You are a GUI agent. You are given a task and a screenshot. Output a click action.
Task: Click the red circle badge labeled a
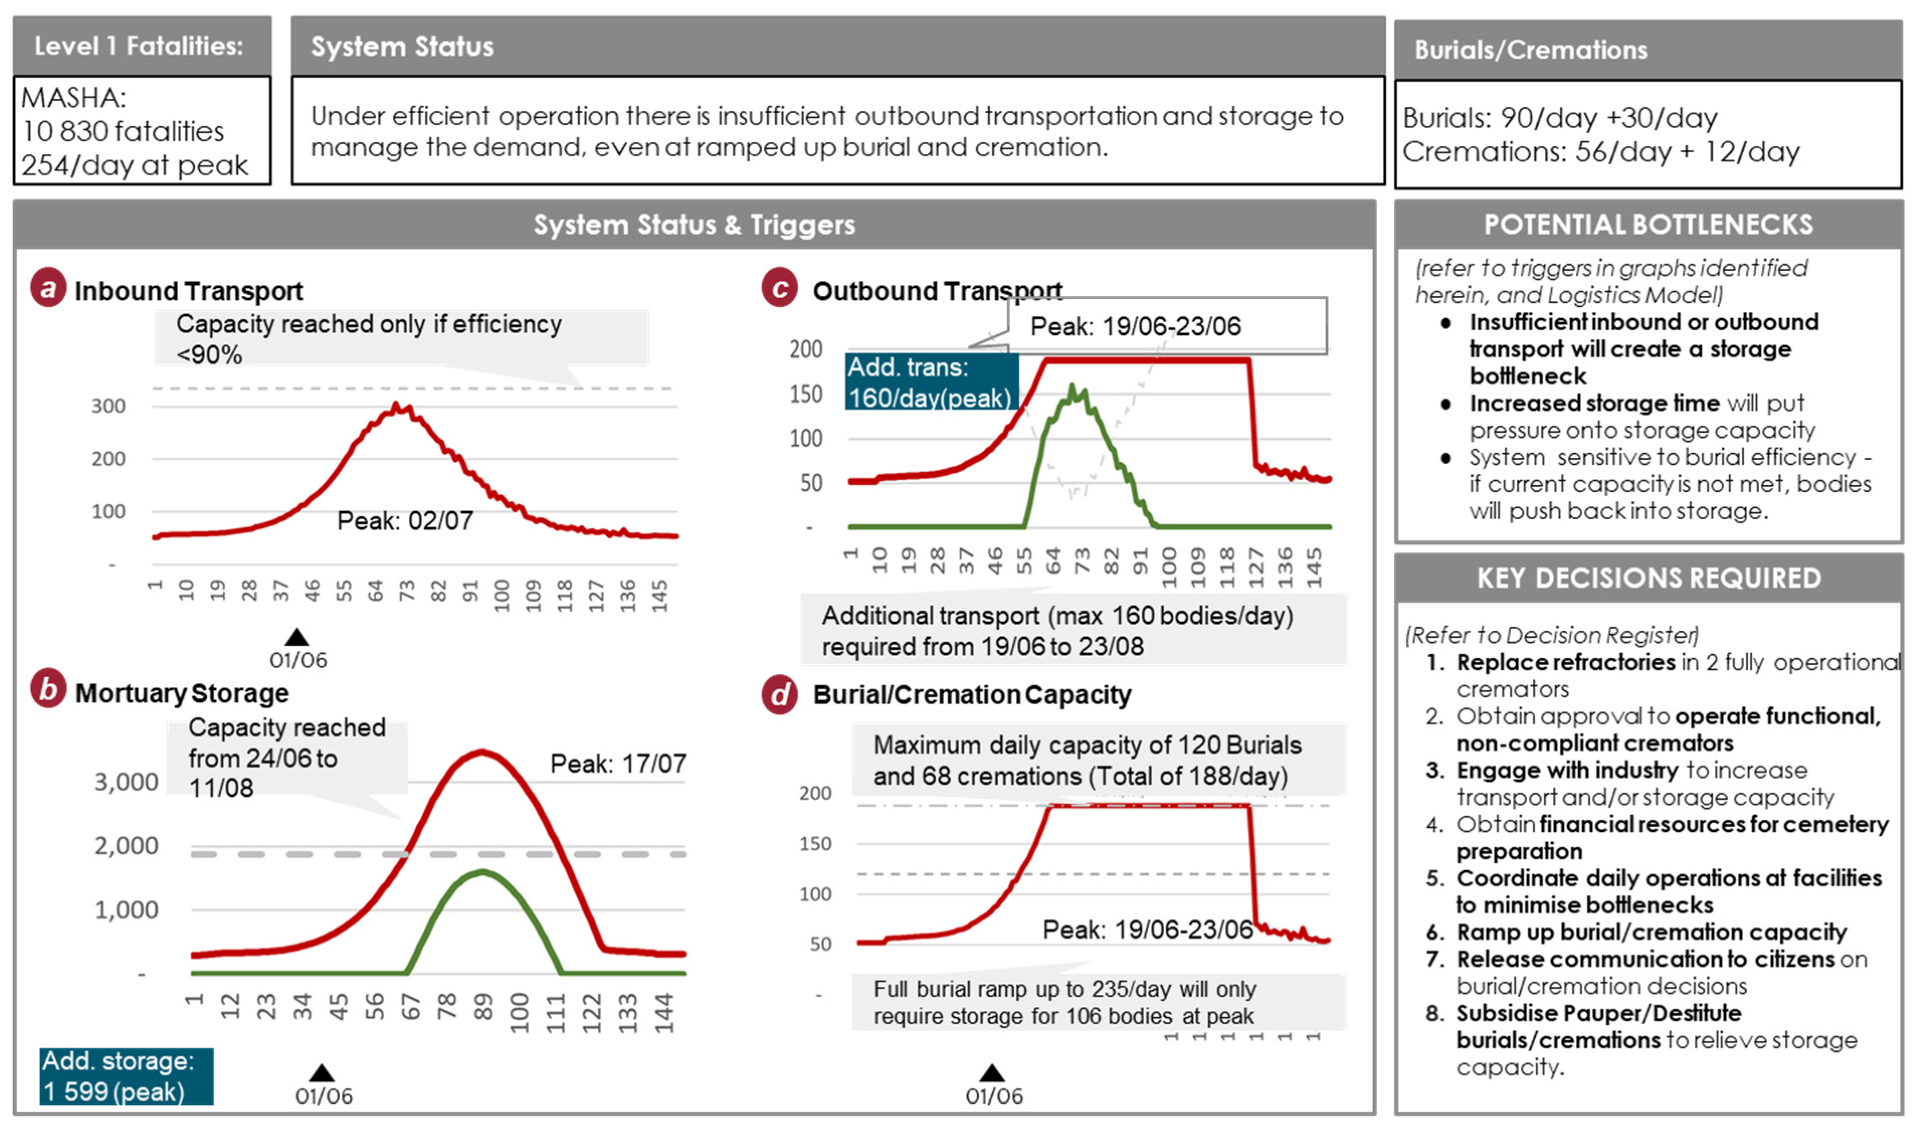tap(48, 289)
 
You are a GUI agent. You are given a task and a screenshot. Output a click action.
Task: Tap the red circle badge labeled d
tap(780, 695)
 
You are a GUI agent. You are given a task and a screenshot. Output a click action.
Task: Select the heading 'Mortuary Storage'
tap(182, 693)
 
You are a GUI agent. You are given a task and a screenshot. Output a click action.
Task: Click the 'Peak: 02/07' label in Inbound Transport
tap(405, 521)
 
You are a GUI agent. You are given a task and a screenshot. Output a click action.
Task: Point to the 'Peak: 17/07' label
tap(618, 764)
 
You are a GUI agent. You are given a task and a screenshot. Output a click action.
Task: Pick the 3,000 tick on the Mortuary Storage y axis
tap(126, 782)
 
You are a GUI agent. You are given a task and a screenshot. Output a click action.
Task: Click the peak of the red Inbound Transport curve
tap(396, 405)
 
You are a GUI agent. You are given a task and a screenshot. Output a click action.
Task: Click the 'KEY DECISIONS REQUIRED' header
tap(1649, 578)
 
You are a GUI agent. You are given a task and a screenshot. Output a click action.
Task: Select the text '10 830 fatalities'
tap(123, 132)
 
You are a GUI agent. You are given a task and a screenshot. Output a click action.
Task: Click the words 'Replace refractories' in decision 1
tap(1566, 662)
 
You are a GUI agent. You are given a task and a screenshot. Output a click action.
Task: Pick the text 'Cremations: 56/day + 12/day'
tap(1601, 152)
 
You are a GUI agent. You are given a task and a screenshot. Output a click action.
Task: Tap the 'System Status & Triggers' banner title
tap(694, 225)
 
